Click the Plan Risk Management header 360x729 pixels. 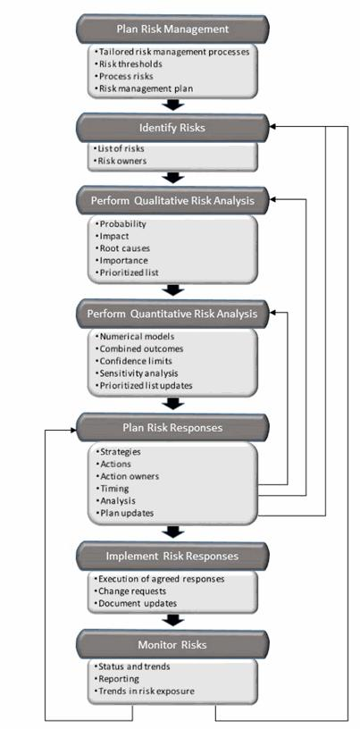(x=174, y=29)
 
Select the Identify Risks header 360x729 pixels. (x=174, y=127)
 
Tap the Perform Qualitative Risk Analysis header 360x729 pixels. (x=172, y=200)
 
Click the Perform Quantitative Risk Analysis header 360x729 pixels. (x=172, y=314)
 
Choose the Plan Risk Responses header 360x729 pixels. (x=172, y=427)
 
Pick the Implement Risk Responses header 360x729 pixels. (x=172, y=556)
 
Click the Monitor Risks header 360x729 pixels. (x=172, y=644)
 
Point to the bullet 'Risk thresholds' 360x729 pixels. (x=130, y=64)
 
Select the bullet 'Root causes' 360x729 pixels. (x=126, y=247)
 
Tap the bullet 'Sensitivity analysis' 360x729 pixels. (x=138, y=373)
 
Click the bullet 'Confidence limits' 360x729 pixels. (x=137, y=360)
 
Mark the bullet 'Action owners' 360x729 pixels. (x=130, y=476)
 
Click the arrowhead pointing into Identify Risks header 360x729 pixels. (x=273, y=127)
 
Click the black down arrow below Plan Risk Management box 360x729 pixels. (x=174, y=104)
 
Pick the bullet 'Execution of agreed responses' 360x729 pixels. (x=161, y=578)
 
